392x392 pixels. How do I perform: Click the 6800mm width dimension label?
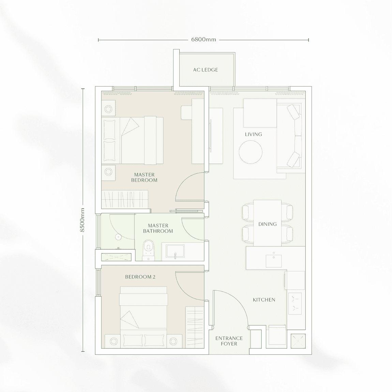203,40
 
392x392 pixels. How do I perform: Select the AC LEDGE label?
206,70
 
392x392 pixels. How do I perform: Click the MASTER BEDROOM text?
144,177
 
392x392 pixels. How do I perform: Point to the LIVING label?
254,134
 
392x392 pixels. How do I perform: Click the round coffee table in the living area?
251,152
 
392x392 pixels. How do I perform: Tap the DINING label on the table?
268,224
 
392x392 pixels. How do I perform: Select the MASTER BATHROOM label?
158,228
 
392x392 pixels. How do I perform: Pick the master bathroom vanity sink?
175,252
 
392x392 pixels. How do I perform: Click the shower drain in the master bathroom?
118,237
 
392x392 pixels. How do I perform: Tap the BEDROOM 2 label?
140,277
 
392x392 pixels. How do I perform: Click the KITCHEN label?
264,300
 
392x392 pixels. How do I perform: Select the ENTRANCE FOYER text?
229,341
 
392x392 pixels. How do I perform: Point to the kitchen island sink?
273,261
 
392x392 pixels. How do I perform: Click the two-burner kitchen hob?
295,303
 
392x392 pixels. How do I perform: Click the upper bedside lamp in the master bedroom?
108,109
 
